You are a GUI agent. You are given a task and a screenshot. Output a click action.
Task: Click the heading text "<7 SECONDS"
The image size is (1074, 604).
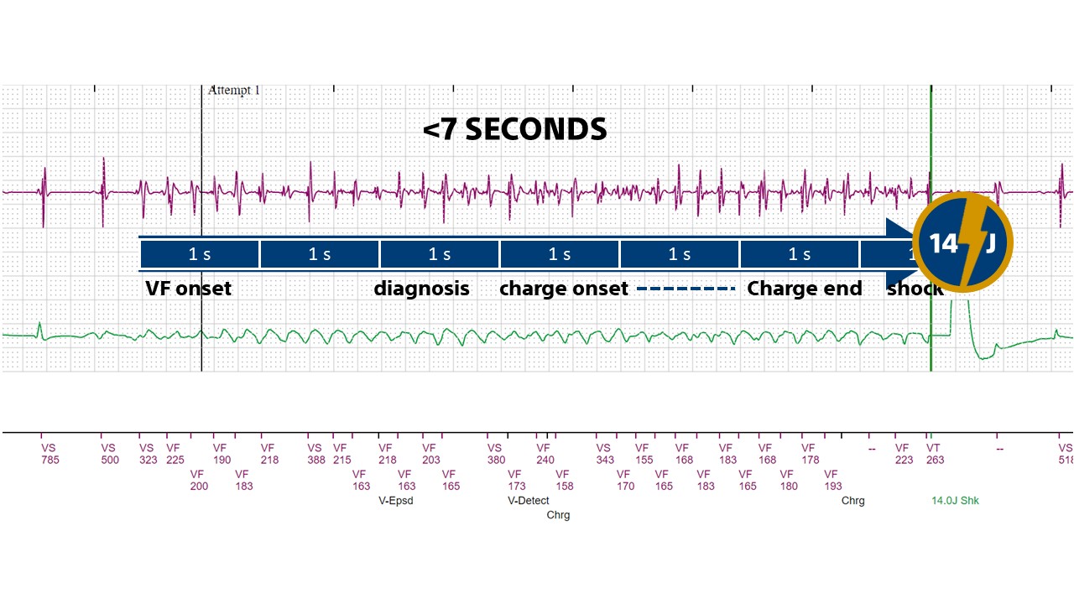(514, 129)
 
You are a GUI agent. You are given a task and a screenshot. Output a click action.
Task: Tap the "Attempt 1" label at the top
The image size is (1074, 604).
(233, 91)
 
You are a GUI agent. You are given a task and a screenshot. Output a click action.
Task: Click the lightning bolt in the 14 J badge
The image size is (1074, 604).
(963, 242)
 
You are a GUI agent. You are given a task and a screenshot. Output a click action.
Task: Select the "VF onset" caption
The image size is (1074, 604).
(188, 289)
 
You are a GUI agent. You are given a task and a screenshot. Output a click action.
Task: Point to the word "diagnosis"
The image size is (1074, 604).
(421, 289)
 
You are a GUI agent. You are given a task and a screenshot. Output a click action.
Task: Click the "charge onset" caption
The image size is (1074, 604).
(564, 289)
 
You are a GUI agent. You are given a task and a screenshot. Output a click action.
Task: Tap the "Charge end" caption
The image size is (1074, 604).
(804, 289)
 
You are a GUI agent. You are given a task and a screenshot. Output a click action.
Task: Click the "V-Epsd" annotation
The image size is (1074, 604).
(396, 501)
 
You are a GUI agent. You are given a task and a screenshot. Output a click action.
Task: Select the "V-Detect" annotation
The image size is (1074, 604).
(529, 501)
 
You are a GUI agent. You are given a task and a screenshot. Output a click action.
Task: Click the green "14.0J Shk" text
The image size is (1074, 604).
(955, 501)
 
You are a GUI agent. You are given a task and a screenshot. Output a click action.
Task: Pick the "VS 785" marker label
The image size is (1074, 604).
(50, 454)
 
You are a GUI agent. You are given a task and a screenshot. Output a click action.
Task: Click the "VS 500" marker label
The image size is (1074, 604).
(110, 454)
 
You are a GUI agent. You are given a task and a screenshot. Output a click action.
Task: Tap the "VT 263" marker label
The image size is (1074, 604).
(935, 454)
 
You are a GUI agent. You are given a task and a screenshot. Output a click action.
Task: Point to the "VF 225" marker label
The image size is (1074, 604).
(175, 454)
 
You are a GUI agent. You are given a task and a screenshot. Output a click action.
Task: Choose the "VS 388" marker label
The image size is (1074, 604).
(316, 454)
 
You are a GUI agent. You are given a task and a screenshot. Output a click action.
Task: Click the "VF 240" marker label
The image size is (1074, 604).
(545, 454)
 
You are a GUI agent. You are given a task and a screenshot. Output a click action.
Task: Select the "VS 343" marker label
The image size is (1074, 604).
(605, 454)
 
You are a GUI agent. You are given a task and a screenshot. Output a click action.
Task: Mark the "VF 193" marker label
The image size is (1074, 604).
(832, 480)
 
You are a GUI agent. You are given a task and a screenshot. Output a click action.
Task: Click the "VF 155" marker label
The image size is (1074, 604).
(644, 454)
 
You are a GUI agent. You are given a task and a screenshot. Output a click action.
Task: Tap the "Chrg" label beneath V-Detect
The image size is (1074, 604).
(558, 515)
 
